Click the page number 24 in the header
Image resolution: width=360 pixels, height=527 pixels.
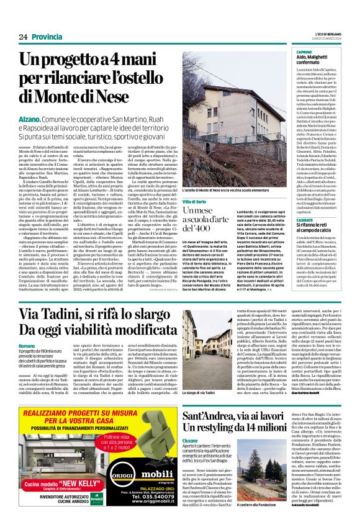(23, 37)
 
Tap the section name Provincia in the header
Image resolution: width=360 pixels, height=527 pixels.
(47, 37)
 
